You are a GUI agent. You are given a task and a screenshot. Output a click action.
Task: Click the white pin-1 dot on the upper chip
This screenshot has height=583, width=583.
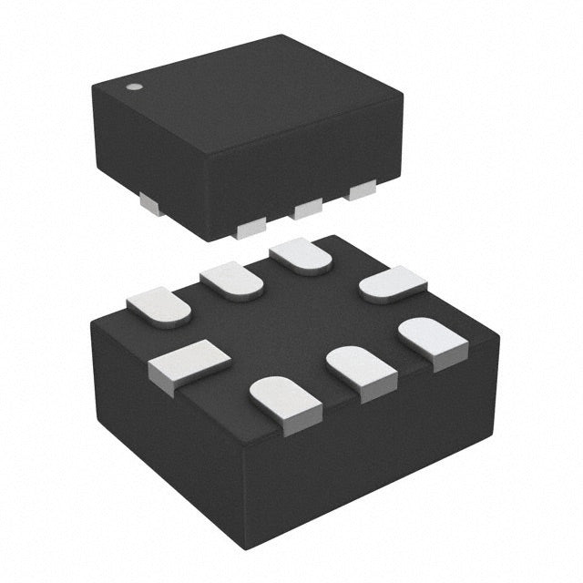click(133, 87)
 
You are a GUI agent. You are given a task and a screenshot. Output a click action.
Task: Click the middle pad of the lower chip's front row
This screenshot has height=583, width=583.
click(361, 368)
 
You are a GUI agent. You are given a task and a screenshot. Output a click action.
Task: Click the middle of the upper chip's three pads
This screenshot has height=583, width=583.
click(308, 209)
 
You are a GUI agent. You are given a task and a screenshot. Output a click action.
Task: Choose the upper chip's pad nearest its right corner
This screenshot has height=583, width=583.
click(363, 189)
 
